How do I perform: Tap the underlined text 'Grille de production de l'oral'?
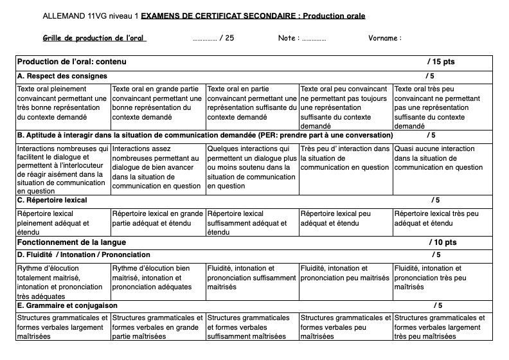click(94, 38)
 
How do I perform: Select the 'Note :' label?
click(287, 38)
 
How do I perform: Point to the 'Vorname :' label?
click(385, 38)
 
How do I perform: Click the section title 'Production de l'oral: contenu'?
click(71, 62)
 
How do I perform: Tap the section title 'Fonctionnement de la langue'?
click(71, 242)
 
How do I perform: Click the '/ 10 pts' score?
click(442, 242)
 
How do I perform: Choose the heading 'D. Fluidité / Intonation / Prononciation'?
click(84, 255)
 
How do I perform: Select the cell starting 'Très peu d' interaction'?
click(346, 158)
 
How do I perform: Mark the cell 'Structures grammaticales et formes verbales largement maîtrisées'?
click(63, 327)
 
